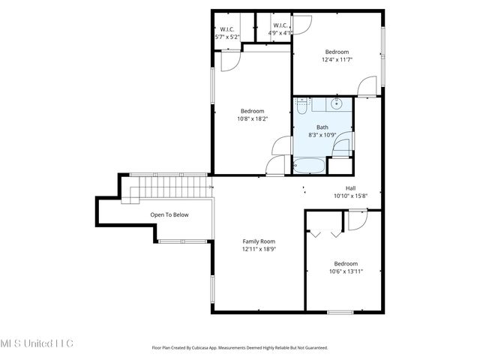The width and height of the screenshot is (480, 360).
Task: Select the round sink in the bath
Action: (x=337, y=104)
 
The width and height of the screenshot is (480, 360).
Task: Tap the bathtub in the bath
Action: (x=308, y=166)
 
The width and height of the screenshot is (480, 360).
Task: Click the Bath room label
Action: (x=322, y=127)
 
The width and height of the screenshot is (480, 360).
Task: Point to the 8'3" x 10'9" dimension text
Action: (x=322, y=136)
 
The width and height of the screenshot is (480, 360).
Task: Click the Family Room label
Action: (x=259, y=241)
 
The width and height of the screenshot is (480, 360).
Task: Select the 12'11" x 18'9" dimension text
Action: (x=259, y=250)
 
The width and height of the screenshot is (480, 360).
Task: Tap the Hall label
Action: (x=350, y=188)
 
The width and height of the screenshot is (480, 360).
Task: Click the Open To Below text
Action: (x=169, y=215)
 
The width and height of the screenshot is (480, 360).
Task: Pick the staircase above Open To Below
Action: (x=169, y=187)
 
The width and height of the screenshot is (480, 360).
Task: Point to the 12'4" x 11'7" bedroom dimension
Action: (x=337, y=60)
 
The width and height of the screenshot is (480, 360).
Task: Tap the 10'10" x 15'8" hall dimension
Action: (x=350, y=196)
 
